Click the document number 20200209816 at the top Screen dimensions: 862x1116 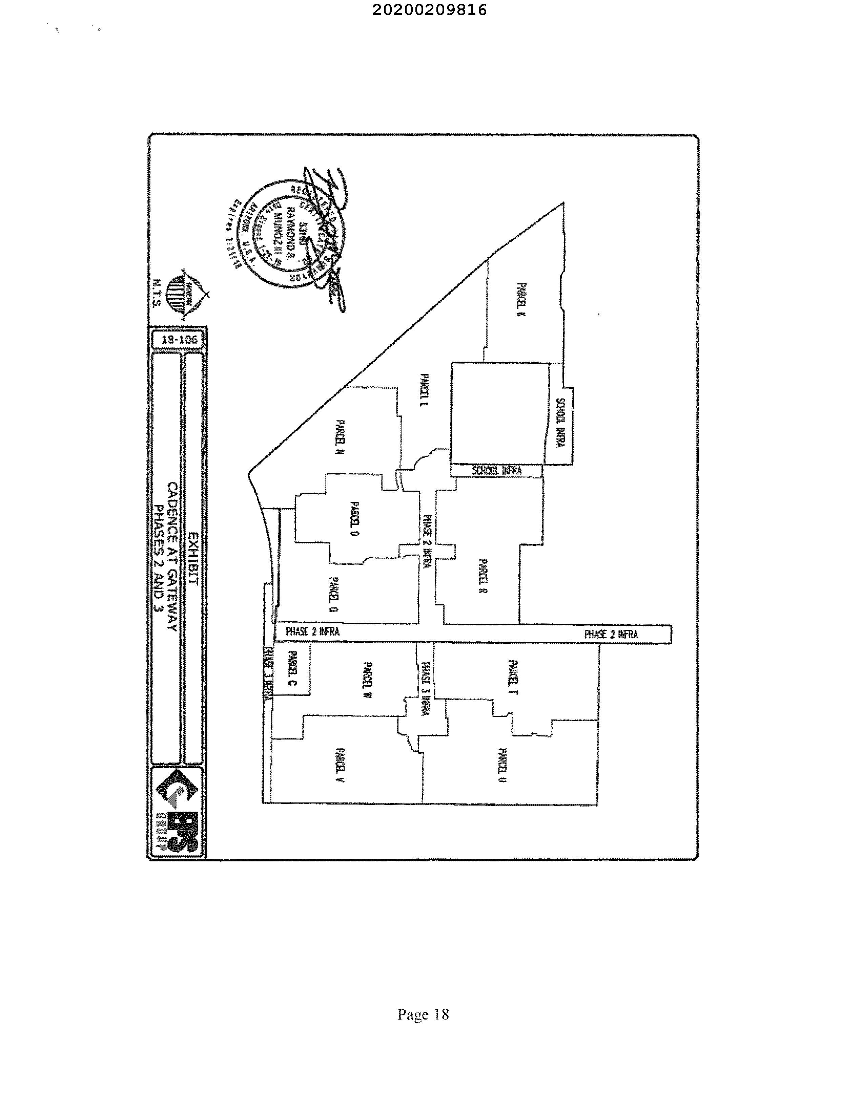[429, 10]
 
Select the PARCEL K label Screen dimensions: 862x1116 [520, 300]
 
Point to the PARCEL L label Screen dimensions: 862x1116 [424, 389]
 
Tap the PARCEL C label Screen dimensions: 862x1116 [292, 669]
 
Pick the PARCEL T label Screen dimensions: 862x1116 [513, 677]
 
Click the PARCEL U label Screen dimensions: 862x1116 [502, 765]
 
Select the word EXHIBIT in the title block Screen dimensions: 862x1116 [193, 559]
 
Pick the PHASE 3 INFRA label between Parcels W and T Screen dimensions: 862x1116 [425, 688]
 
